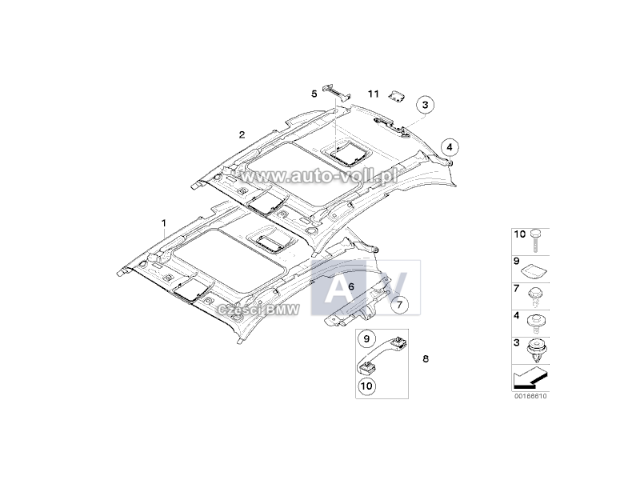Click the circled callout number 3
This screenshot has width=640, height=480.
tap(425, 105)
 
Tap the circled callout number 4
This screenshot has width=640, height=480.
tap(450, 147)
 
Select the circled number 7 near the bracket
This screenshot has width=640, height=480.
tap(399, 305)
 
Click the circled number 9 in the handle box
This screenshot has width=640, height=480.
tap(366, 338)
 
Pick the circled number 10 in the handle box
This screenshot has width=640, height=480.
tap(366, 386)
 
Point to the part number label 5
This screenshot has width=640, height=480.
tap(314, 94)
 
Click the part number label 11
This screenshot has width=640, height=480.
tap(374, 94)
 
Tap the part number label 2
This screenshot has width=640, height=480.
tap(242, 134)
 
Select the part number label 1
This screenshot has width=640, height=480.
tap(164, 223)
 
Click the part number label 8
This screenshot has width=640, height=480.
tap(426, 358)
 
